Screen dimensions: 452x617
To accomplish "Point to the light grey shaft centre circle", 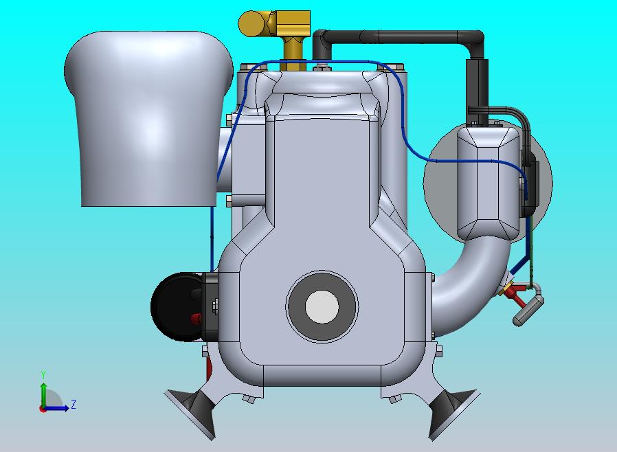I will pos(322,306).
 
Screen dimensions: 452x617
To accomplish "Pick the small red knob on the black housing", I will pos(196,319).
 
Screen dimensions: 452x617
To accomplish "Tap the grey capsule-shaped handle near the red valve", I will pos(528,310).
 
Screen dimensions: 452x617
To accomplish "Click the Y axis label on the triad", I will pos(43,374).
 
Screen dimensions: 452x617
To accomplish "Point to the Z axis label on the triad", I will pos(74,405).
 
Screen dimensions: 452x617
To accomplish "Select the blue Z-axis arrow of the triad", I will pos(58,408).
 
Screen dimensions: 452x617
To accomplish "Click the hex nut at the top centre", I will pos(321,67).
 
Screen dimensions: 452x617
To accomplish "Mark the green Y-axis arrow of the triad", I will pos(43,394).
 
